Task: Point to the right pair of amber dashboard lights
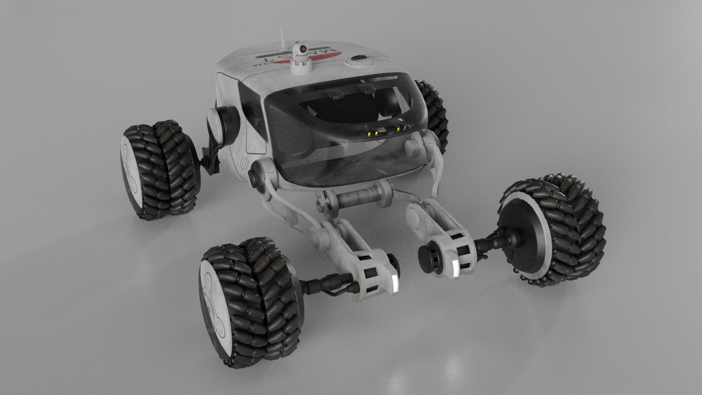click(x=401, y=128)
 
